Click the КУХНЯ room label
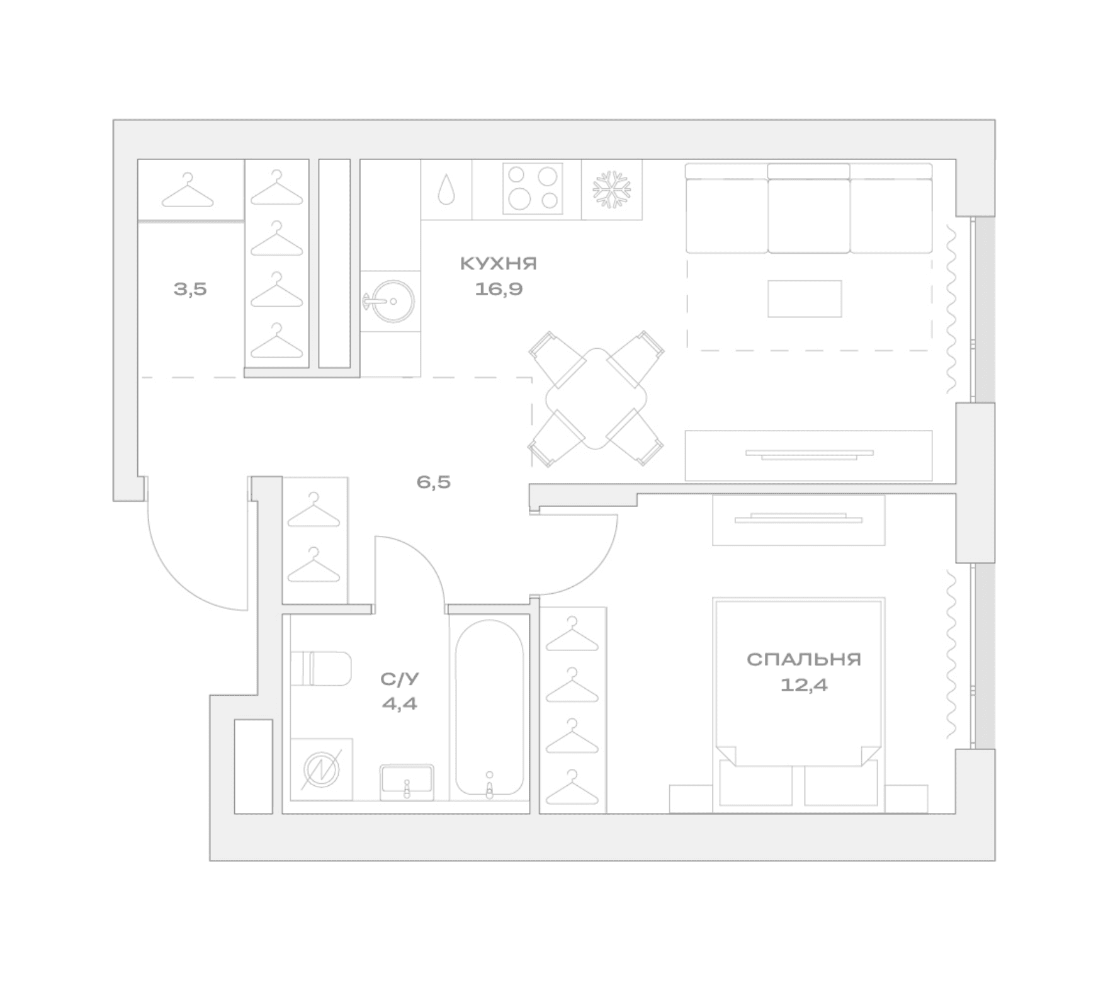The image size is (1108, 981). pos(499,263)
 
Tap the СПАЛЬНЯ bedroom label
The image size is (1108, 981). pos(804,659)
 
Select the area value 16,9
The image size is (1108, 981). pos(499,289)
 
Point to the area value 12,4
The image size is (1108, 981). pos(804,684)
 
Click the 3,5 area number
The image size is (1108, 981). pos(190,289)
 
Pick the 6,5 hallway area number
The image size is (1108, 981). pos(434,482)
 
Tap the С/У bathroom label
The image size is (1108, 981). pos(400,679)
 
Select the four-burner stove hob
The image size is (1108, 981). pos(533,188)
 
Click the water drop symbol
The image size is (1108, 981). pos(446,189)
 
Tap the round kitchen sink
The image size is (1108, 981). pos(391,302)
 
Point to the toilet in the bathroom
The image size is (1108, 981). pos(321,669)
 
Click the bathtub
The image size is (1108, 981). pos(490,708)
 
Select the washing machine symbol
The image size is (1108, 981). pos(321,769)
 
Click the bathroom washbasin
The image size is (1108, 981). pos(407,782)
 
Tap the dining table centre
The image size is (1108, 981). pos(596,399)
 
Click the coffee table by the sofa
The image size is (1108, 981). pos(805,298)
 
